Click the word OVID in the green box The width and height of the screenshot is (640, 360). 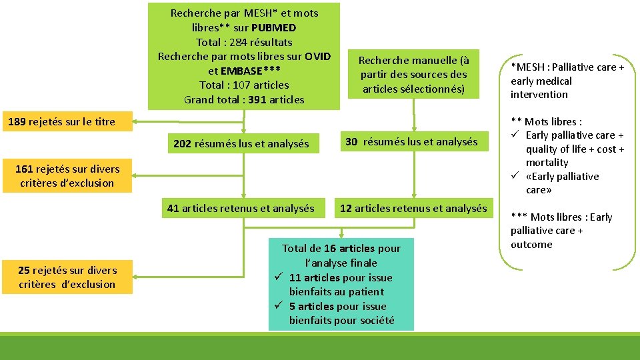318,55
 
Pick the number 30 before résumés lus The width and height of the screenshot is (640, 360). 352,141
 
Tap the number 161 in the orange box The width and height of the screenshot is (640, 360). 25,169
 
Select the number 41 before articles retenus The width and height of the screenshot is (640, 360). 173,208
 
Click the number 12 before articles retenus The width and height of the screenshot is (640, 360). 346,208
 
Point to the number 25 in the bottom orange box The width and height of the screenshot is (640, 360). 24,270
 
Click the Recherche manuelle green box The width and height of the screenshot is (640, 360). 413,75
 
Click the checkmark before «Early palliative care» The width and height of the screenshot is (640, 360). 515,176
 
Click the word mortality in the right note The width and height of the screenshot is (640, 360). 547,163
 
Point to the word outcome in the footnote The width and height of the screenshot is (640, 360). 531,244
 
